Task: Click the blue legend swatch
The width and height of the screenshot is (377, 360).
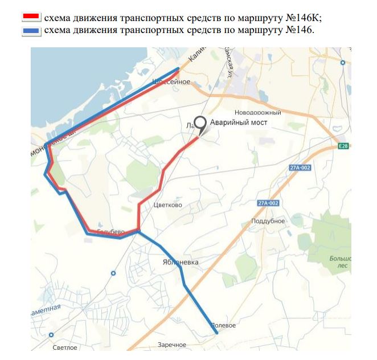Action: coord(31,29)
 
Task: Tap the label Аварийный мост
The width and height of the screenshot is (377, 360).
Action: coord(239,122)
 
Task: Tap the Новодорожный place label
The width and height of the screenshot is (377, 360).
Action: coord(258,113)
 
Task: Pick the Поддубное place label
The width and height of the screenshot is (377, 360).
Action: coord(268,220)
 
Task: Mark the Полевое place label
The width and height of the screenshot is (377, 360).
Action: coord(223,325)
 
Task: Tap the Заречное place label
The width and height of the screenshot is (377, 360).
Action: coord(172,345)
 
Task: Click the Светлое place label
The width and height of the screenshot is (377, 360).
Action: coord(64,347)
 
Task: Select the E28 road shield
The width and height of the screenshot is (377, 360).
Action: coord(342,146)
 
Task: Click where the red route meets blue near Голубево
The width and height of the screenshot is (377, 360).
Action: coord(138,231)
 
